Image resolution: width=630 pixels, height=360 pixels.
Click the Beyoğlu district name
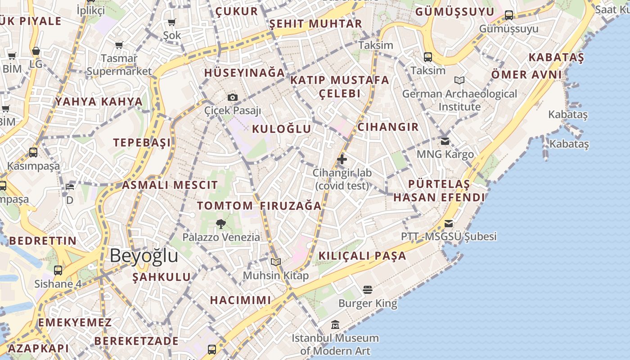pos(144,256)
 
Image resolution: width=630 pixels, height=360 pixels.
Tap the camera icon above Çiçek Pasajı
pos(233,97)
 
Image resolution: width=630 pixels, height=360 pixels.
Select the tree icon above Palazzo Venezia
pos(221,224)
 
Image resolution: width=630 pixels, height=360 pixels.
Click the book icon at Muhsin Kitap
pos(276,262)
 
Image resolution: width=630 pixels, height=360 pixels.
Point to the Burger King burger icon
pos(368,289)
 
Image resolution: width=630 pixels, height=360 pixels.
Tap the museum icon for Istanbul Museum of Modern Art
pos(335,324)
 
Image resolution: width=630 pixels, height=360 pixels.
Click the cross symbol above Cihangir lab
pos(342,159)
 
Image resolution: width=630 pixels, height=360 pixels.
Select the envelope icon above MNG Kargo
pos(445,141)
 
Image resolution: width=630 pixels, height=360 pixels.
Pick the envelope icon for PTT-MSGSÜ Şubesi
pos(449,223)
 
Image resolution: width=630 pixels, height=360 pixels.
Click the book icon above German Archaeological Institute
pos(459,80)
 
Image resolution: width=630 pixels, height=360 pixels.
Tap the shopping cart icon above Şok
pos(171,22)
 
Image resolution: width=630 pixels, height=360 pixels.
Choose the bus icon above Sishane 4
pos(58,270)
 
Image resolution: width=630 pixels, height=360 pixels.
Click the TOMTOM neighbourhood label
pos(225,206)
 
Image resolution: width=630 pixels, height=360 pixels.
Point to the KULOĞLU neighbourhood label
pos(282,129)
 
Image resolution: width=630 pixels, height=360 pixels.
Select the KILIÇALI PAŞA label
pos(362,256)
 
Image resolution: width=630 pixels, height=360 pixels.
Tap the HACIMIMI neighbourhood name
pos(241,300)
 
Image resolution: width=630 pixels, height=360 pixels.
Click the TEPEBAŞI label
pos(142,143)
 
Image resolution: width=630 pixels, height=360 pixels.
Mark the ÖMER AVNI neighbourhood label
pos(526,75)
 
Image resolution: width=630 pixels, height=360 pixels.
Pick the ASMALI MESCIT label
pos(170,185)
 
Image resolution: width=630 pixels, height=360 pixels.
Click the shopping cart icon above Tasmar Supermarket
pos(119,45)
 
